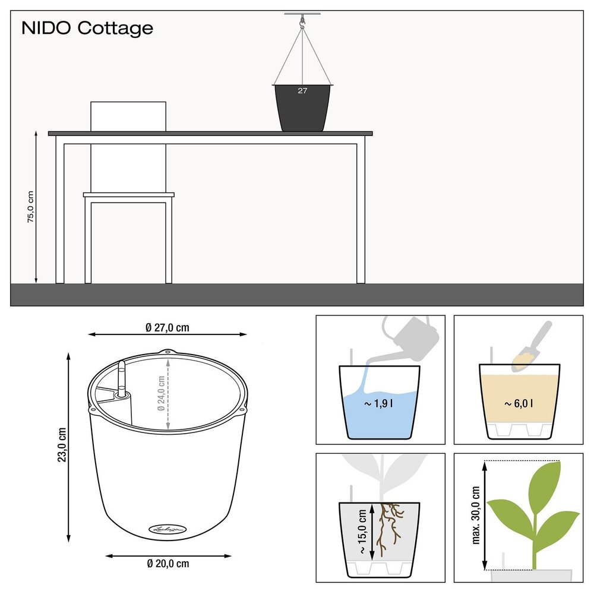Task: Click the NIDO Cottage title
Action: (x=87, y=28)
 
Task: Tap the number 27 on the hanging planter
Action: (x=302, y=91)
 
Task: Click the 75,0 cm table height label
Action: (x=30, y=207)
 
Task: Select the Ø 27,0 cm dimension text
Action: (x=168, y=327)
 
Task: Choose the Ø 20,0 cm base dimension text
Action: (x=168, y=563)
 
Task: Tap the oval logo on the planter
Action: (x=167, y=527)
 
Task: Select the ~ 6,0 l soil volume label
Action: (x=519, y=404)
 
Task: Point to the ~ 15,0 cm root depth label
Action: (x=362, y=530)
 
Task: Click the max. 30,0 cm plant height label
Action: (x=476, y=515)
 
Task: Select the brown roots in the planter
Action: (x=390, y=526)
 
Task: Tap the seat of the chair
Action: (x=128, y=195)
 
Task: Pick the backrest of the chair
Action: (x=128, y=116)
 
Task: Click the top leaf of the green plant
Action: (x=545, y=481)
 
